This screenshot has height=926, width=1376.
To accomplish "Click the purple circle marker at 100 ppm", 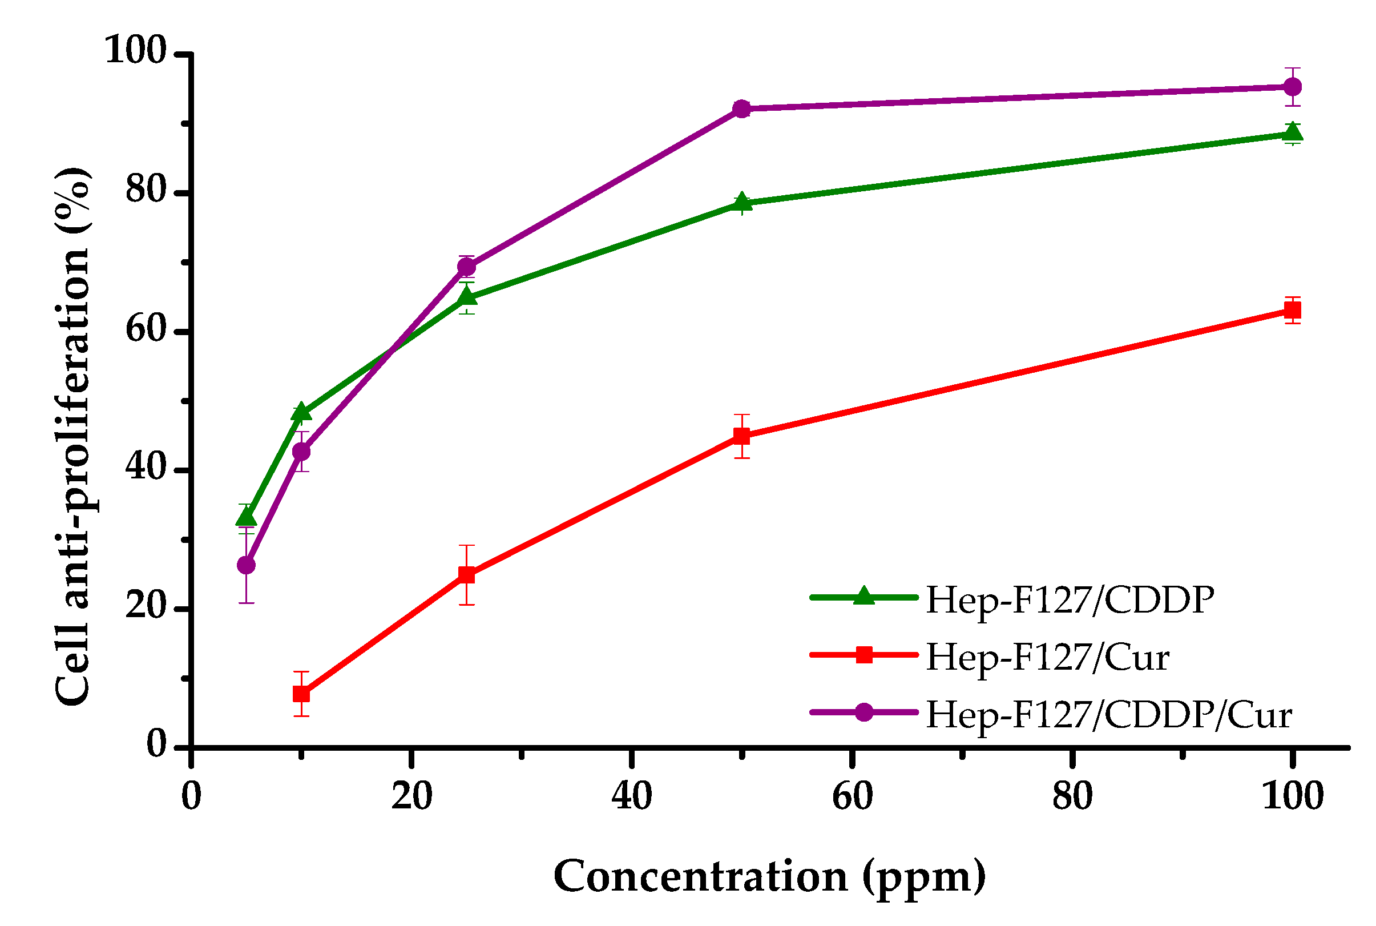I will click(1293, 87).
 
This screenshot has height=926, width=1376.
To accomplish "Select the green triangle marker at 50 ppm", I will click(742, 202).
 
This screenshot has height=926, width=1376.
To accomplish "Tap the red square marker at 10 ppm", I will click(302, 693).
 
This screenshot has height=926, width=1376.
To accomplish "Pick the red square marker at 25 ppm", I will click(466, 574).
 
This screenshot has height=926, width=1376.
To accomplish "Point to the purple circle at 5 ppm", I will click(246, 565).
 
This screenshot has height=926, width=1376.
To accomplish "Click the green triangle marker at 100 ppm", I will click(1293, 132).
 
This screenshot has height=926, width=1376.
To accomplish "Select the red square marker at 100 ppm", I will click(1293, 310).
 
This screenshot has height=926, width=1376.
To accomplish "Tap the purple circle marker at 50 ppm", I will click(742, 108).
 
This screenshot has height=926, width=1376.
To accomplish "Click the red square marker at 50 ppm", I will click(742, 436).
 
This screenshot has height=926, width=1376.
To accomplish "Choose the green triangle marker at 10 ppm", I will click(302, 412).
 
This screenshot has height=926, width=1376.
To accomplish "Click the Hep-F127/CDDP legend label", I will click(1070, 600).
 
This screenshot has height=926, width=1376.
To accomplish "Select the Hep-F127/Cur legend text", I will click(1047, 657).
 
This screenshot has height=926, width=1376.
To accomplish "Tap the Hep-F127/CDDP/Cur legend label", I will click(1108, 715).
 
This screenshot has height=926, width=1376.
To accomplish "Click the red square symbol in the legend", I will click(864, 655).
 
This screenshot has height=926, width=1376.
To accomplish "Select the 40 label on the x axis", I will click(632, 795).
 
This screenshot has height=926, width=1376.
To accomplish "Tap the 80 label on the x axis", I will click(1072, 795).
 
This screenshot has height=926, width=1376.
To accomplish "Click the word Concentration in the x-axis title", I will click(700, 876).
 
